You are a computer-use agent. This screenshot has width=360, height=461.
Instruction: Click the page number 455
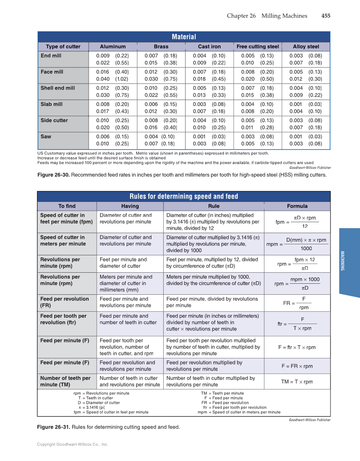click(326, 16)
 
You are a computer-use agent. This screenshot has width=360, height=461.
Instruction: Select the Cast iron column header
click(209, 47)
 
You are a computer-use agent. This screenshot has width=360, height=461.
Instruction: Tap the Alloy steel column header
click(306, 47)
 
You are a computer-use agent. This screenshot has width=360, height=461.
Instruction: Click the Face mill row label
click(52, 72)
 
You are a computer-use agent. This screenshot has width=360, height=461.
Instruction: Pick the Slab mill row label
click(51, 104)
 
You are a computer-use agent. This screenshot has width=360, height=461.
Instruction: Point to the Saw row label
click(46, 137)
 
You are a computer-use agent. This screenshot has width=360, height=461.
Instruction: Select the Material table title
click(184, 37)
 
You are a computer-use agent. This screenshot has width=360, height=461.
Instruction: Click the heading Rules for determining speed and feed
click(184, 196)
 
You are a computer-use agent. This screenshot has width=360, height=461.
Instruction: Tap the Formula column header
click(297, 206)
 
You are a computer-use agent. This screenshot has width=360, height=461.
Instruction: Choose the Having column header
click(130, 206)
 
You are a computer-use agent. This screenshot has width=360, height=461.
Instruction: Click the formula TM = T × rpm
click(297, 382)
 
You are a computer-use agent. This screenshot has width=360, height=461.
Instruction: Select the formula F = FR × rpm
click(297, 366)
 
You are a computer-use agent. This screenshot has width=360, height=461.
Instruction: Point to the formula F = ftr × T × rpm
click(297, 347)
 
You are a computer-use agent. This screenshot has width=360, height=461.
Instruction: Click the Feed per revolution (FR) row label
click(64, 302)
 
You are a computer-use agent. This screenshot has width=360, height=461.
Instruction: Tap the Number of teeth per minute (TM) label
click(65, 381)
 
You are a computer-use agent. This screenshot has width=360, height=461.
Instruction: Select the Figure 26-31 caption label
click(53, 427)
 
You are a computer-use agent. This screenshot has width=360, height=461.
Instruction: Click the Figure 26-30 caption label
click(53, 175)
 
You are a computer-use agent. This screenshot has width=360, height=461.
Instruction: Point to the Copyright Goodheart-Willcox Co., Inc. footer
click(73, 444)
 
